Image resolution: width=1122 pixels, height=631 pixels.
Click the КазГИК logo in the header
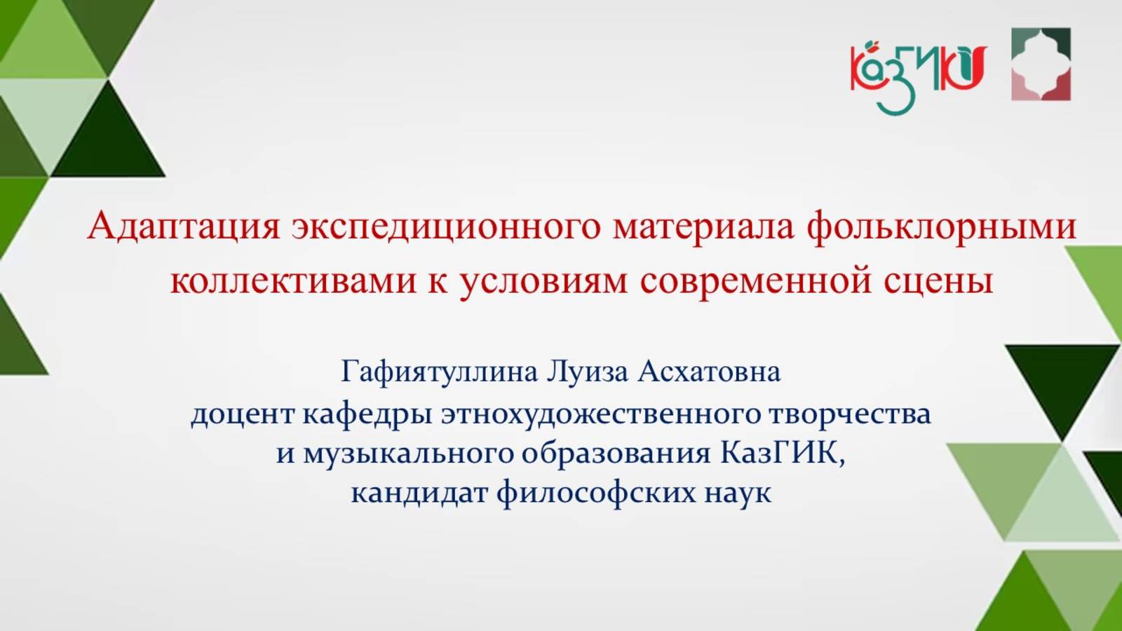coord(918,74)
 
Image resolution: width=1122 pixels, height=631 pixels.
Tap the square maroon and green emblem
coord(1041,65)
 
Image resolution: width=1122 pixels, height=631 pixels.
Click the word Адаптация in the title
coord(184,226)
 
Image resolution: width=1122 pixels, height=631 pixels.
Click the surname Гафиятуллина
coord(440,372)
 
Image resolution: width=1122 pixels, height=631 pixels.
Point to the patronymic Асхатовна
coord(708,372)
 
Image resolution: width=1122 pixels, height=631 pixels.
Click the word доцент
coord(243,414)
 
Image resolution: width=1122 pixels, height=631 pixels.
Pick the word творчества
coord(850,414)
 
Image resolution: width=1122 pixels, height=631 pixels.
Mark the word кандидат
coord(419,493)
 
